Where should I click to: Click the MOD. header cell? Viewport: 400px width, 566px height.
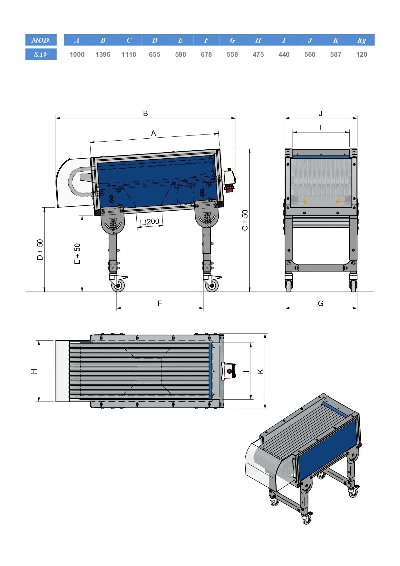[41, 40]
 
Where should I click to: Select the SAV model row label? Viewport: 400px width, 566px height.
[41, 54]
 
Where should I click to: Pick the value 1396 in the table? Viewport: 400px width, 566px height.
[103, 55]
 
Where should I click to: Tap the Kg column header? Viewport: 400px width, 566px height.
[362, 40]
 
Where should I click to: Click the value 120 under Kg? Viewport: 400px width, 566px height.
[362, 55]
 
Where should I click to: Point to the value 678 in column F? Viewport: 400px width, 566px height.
[206, 55]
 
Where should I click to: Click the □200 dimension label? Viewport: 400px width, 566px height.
[150, 222]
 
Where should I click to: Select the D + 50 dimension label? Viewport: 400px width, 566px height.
[40, 250]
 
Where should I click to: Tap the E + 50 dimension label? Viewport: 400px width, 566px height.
[77, 254]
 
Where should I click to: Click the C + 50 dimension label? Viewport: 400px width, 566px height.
[245, 220]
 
